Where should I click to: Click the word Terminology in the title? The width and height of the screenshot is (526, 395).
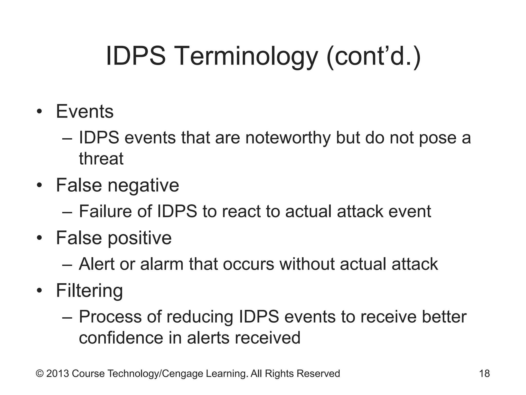(x=247, y=56)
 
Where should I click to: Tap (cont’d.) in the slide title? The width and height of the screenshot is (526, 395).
(x=374, y=56)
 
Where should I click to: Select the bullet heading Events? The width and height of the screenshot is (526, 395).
(x=84, y=112)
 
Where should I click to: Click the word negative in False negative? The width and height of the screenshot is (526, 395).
(x=143, y=185)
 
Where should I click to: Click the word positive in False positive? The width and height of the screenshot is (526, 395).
(x=139, y=238)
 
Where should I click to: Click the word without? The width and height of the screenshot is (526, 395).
(x=307, y=264)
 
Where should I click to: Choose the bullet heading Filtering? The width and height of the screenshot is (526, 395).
(x=89, y=291)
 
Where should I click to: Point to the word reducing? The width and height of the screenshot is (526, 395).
(x=200, y=317)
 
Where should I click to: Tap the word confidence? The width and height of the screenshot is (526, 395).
(x=121, y=338)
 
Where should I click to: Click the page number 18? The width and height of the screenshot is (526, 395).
(x=484, y=373)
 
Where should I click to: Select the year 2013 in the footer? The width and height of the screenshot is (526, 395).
(x=58, y=374)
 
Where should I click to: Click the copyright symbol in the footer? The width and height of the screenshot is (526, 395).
(x=40, y=374)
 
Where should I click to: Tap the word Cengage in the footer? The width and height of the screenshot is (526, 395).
(x=183, y=374)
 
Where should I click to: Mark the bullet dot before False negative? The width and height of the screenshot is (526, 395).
(x=39, y=186)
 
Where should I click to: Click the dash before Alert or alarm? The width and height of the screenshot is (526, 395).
(x=67, y=265)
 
